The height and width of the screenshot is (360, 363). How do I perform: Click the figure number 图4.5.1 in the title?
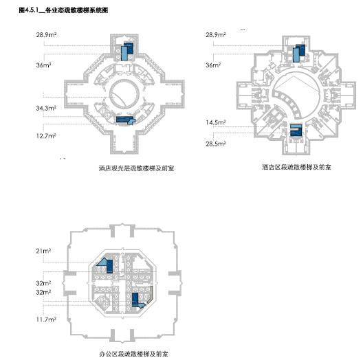tap(30, 11)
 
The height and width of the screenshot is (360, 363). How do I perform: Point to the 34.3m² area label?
tap(46, 109)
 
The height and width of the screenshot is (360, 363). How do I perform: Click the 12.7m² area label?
tap(45, 136)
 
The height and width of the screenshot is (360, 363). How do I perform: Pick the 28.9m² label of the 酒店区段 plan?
tap(216, 34)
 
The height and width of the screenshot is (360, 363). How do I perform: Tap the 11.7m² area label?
tap(45, 319)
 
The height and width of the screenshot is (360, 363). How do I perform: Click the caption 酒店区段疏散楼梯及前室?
tap(296, 167)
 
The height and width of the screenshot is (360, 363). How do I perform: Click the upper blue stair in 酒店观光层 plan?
tap(126, 52)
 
